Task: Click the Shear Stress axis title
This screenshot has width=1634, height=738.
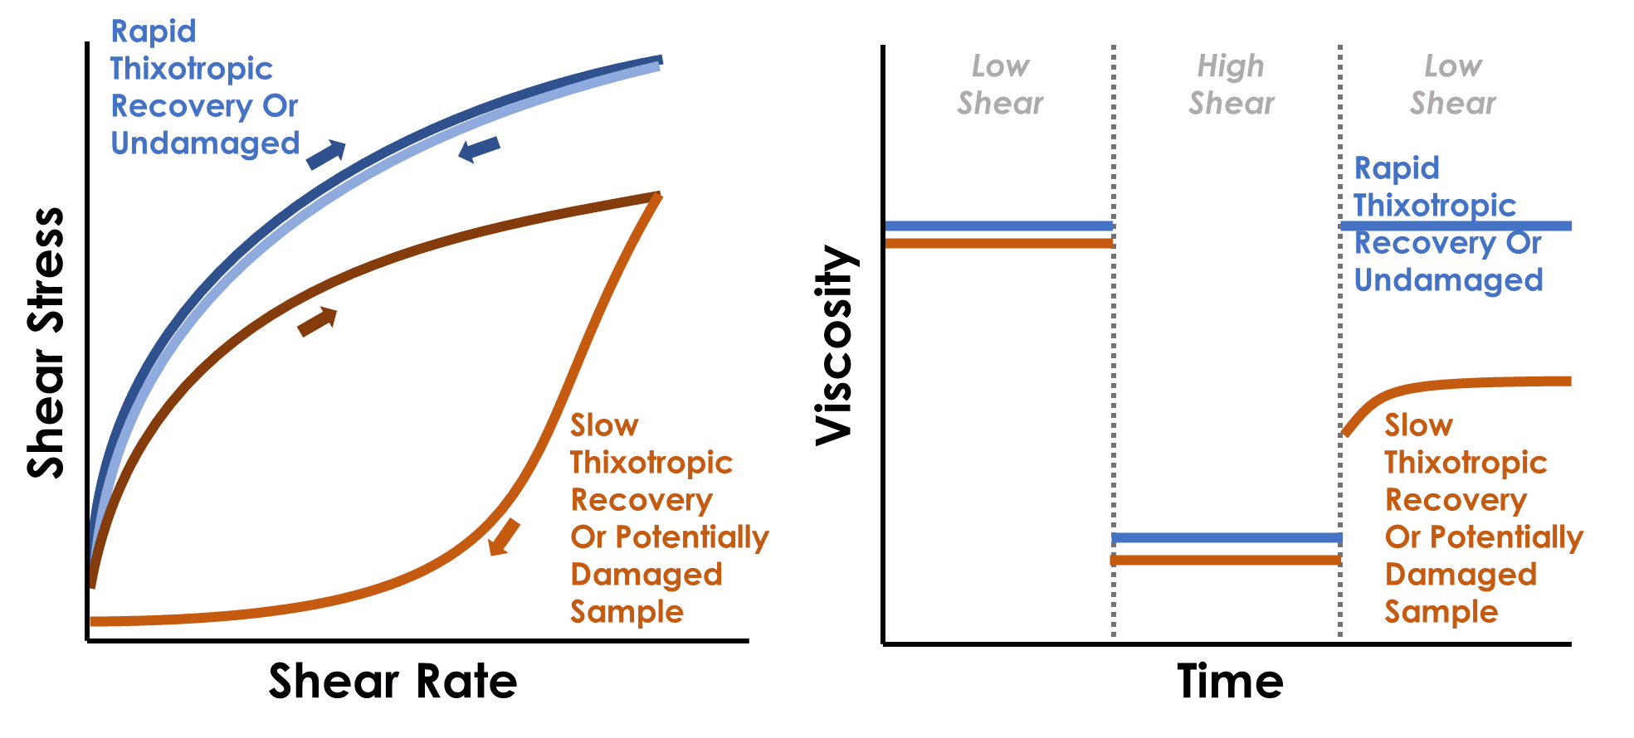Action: click(x=46, y=342)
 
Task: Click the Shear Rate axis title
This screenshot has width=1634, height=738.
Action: click(x=393, y=682)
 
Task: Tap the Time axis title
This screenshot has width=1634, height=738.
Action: click(x=1230, y=682)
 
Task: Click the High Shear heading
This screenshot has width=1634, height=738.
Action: click(x=1231, y=85)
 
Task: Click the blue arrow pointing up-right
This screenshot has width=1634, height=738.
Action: click(x=325, y=153)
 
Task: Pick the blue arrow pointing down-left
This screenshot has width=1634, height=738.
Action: click(x=480, y=149)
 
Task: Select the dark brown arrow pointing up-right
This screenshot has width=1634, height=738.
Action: click(x=317, y=321)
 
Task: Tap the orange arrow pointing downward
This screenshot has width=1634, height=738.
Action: click(x=504, y=537)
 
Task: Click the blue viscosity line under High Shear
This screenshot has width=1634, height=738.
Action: click(x=1227, y=538)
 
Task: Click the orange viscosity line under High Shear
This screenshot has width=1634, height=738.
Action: click(x=1227, y=561)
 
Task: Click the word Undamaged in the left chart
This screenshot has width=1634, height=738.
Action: click(x=205, y=143)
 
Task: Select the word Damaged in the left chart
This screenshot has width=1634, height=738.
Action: click(x=646, y=574)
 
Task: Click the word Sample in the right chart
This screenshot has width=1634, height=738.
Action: click(x=1441, y=612)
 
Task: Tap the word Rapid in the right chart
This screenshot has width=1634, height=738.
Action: click(x=1397, y=168)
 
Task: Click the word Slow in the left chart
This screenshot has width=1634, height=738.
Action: click(x=604, y=425)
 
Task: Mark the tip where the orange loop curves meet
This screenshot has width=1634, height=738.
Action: click(x=656, y=196)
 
